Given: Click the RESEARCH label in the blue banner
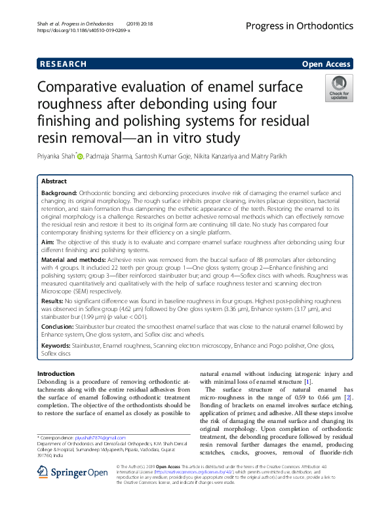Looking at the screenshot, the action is point(64,64).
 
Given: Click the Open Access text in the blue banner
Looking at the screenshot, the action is point(326,64).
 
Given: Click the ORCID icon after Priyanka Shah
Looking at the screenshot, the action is point(81,157).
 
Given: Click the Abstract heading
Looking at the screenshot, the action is point(54,181).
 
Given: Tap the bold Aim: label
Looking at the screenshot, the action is point(47,242).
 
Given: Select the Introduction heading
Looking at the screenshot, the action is point(56,373).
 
